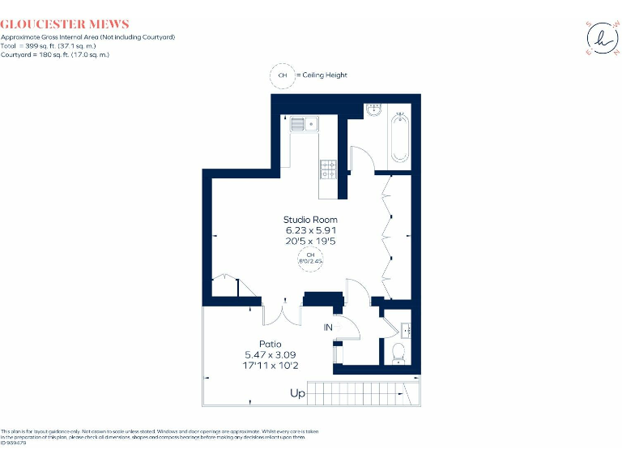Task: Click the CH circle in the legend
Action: [283, 75]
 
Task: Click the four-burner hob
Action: [330, 169]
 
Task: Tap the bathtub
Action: [399, 139]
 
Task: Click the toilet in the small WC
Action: [398, 353]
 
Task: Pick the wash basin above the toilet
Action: [406, 329]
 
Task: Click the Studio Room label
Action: [310, 220]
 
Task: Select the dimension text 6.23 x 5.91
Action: [310, 230]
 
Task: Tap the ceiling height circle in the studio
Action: [310, 259]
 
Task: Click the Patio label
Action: [270, 345]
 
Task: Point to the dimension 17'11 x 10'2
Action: [271, 365]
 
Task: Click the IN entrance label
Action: [328, 328]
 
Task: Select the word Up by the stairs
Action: [298, 394]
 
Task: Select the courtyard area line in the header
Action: [55, 55]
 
